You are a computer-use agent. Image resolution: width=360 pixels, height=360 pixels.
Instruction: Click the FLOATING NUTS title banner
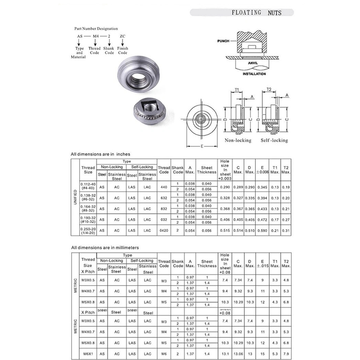[x=256, y=13]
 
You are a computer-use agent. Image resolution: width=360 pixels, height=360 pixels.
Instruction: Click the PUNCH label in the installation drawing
[x=223, y=41]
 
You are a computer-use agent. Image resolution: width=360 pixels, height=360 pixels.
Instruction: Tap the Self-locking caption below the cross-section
[x=274, y=140]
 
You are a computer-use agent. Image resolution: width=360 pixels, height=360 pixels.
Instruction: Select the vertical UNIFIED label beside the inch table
[x=75, y=197]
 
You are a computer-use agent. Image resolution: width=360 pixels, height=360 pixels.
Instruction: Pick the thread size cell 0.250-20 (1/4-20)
[x=88, y=230]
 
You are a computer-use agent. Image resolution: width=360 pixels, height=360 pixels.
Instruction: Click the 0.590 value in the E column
[x=262, y=230]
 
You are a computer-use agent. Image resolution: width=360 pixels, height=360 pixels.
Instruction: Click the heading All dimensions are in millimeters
[x=105, y=248]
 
